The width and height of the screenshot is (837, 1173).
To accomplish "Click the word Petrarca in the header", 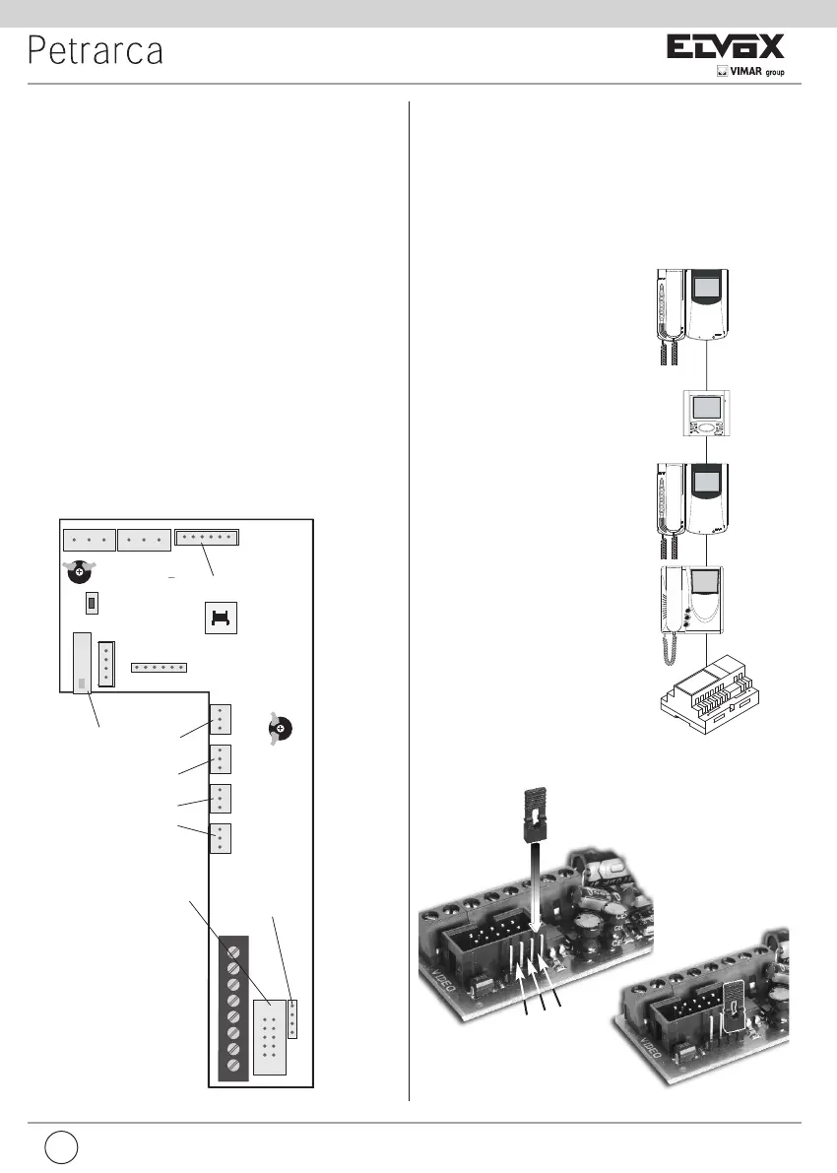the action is coord(96,51).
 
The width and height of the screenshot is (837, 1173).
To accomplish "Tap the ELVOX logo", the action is coord(727,47).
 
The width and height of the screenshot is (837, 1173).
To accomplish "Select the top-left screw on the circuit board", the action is coord(79,570).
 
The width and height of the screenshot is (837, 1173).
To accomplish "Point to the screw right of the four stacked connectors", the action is coord(281,729).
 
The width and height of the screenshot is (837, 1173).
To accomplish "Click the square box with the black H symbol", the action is coord(222,618).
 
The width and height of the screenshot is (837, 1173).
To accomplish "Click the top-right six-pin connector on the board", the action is coord(208,538).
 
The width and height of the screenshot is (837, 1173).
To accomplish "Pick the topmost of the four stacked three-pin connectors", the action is coord(221,719).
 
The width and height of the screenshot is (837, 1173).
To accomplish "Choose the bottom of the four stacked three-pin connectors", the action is coord(221,837).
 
